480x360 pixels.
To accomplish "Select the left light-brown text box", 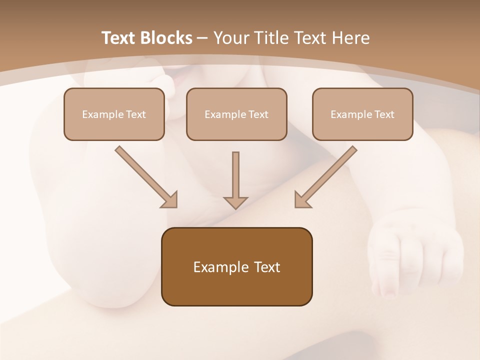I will pyautogui.click(x=114, y=114).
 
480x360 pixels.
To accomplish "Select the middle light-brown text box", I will pyautogui.click(x=236, y=114).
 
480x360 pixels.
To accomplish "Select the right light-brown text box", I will pyautogui.click(x=362, y=114).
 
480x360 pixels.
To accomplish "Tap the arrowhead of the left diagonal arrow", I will pyautogui.click(x=169, y=200).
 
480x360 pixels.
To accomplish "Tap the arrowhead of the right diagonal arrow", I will pyautogui.click(x=302, y=200).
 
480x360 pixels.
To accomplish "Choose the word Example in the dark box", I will pyautogui.click(x=214, y=267).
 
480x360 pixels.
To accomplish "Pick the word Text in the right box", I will pyautogui.click(x=384, y=114).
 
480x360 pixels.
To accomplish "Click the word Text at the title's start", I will pyautogui.click(x=119, y=38).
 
